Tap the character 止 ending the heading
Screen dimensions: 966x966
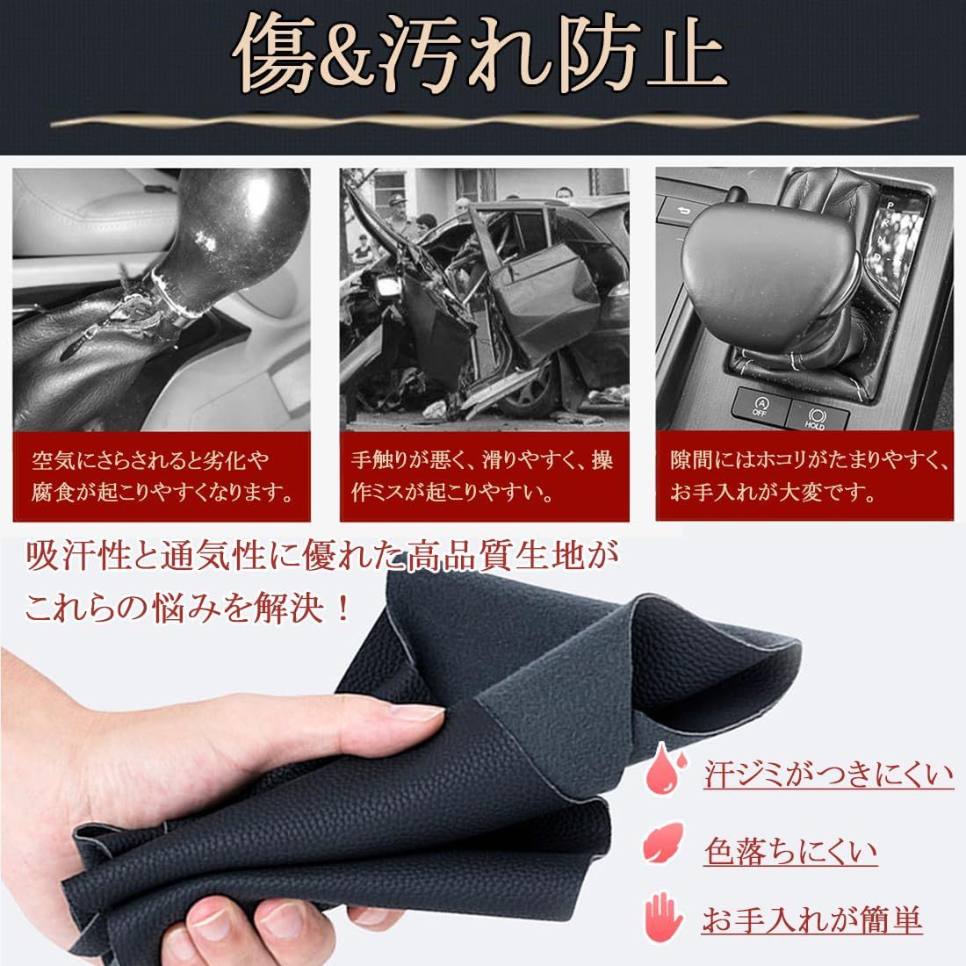click(x=677, y=54)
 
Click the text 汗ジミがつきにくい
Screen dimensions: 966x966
click(x=828, y=775)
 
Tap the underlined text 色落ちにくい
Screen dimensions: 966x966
click(x=790, y=849)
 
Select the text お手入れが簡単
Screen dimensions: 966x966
click(x=811, y=920)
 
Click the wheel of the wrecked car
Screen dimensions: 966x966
click(x=535, y=392)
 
